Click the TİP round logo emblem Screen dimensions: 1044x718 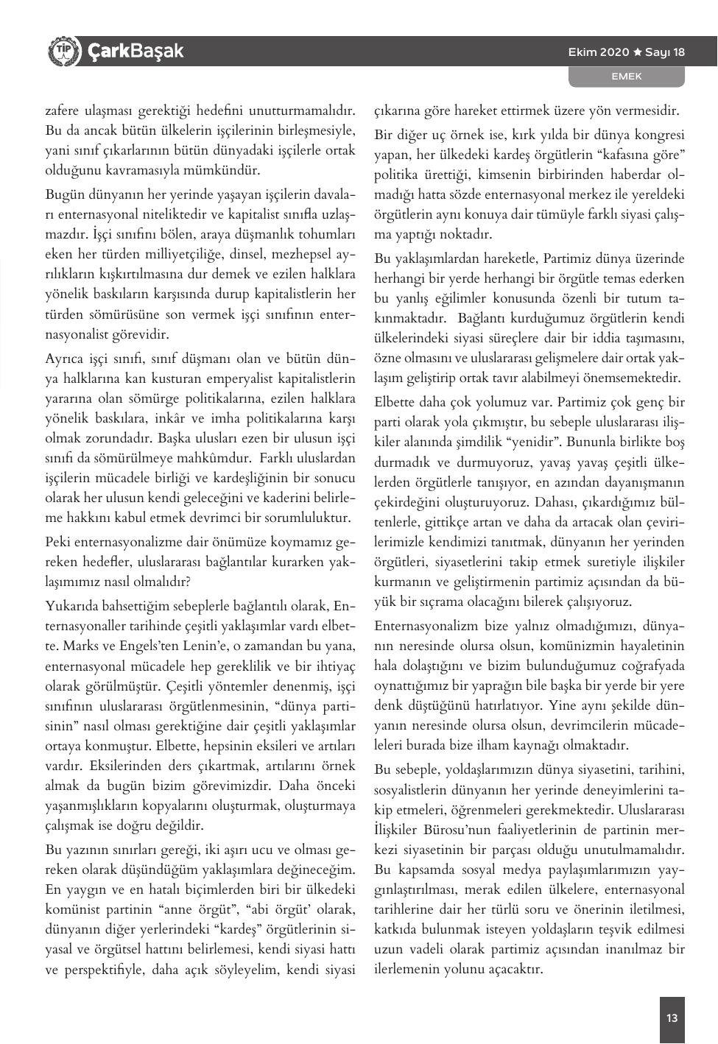coord(63,52)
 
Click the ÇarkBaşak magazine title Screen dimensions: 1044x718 coord(135,52)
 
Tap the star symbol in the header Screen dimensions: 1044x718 coord(638,52)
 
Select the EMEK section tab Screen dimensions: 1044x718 coord(627,77)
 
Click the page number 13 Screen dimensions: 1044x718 coord(672,1019)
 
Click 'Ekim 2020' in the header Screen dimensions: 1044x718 coord(599,52)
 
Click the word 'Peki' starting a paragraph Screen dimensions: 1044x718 coord(58,542)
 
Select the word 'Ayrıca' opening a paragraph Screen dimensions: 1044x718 coord(63,359)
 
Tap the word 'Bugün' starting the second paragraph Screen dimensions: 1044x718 coord(64,195)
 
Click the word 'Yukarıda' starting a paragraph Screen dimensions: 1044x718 coord(71,607)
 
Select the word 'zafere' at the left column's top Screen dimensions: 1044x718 coord(61,111)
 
